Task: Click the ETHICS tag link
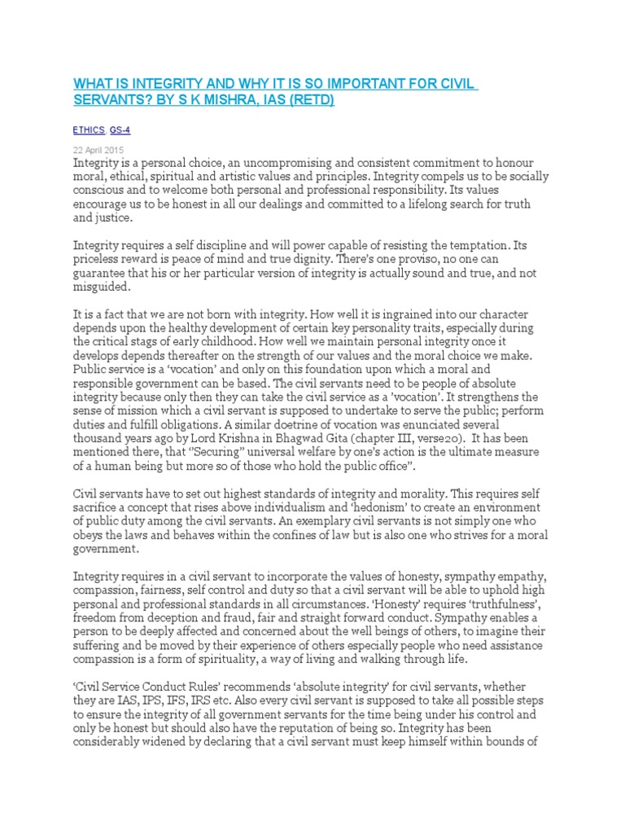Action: pyautogui.click(x=89, y=129)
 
